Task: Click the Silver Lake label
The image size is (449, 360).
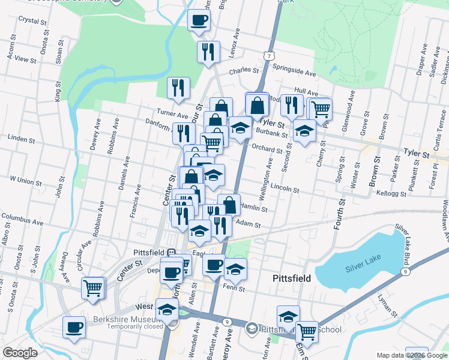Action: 364,269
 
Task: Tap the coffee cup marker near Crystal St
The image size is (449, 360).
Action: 199,20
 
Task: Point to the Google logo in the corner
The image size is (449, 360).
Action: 20,353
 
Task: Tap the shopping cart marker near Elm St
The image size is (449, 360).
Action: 307,331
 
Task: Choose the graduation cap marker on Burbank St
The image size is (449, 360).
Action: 240,128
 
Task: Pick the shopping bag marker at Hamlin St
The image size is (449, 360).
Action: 229,205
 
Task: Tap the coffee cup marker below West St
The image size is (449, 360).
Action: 74,328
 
